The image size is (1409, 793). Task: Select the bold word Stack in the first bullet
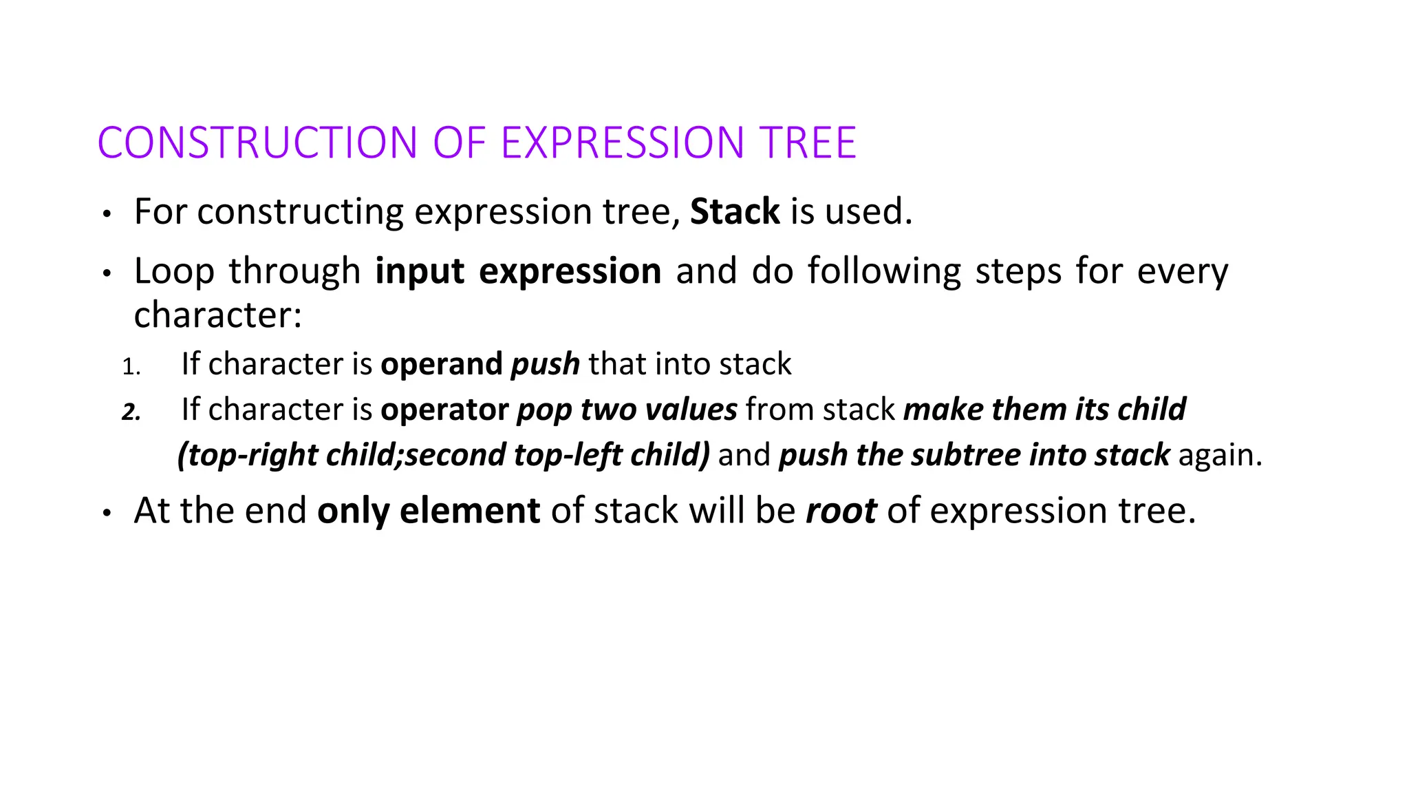click(735, 211)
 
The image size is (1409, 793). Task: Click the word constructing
click(300, 212)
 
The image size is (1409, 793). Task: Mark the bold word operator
click(444, 410)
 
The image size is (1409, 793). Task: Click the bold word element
click(470, 511)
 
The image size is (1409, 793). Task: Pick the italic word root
click(841, 511)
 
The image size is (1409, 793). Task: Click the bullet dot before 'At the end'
click(107, 514)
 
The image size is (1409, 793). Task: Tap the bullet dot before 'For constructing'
click(107, 215)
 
